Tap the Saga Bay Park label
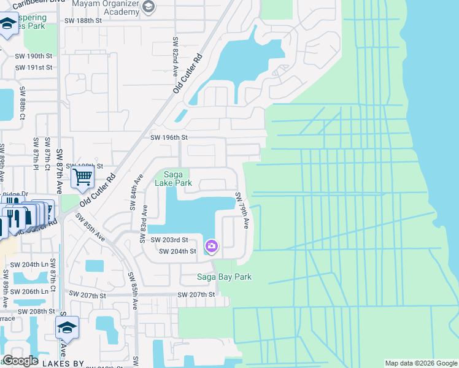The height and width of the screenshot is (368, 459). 224,277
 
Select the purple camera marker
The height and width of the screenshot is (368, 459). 212,246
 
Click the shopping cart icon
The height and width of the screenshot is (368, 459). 82,178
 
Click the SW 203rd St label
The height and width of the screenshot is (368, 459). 169,240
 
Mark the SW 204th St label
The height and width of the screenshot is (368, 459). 177,251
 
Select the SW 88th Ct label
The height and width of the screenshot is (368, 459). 22,102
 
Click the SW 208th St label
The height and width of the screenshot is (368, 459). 37,312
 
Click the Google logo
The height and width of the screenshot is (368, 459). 20,361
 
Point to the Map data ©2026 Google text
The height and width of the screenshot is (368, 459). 420,364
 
